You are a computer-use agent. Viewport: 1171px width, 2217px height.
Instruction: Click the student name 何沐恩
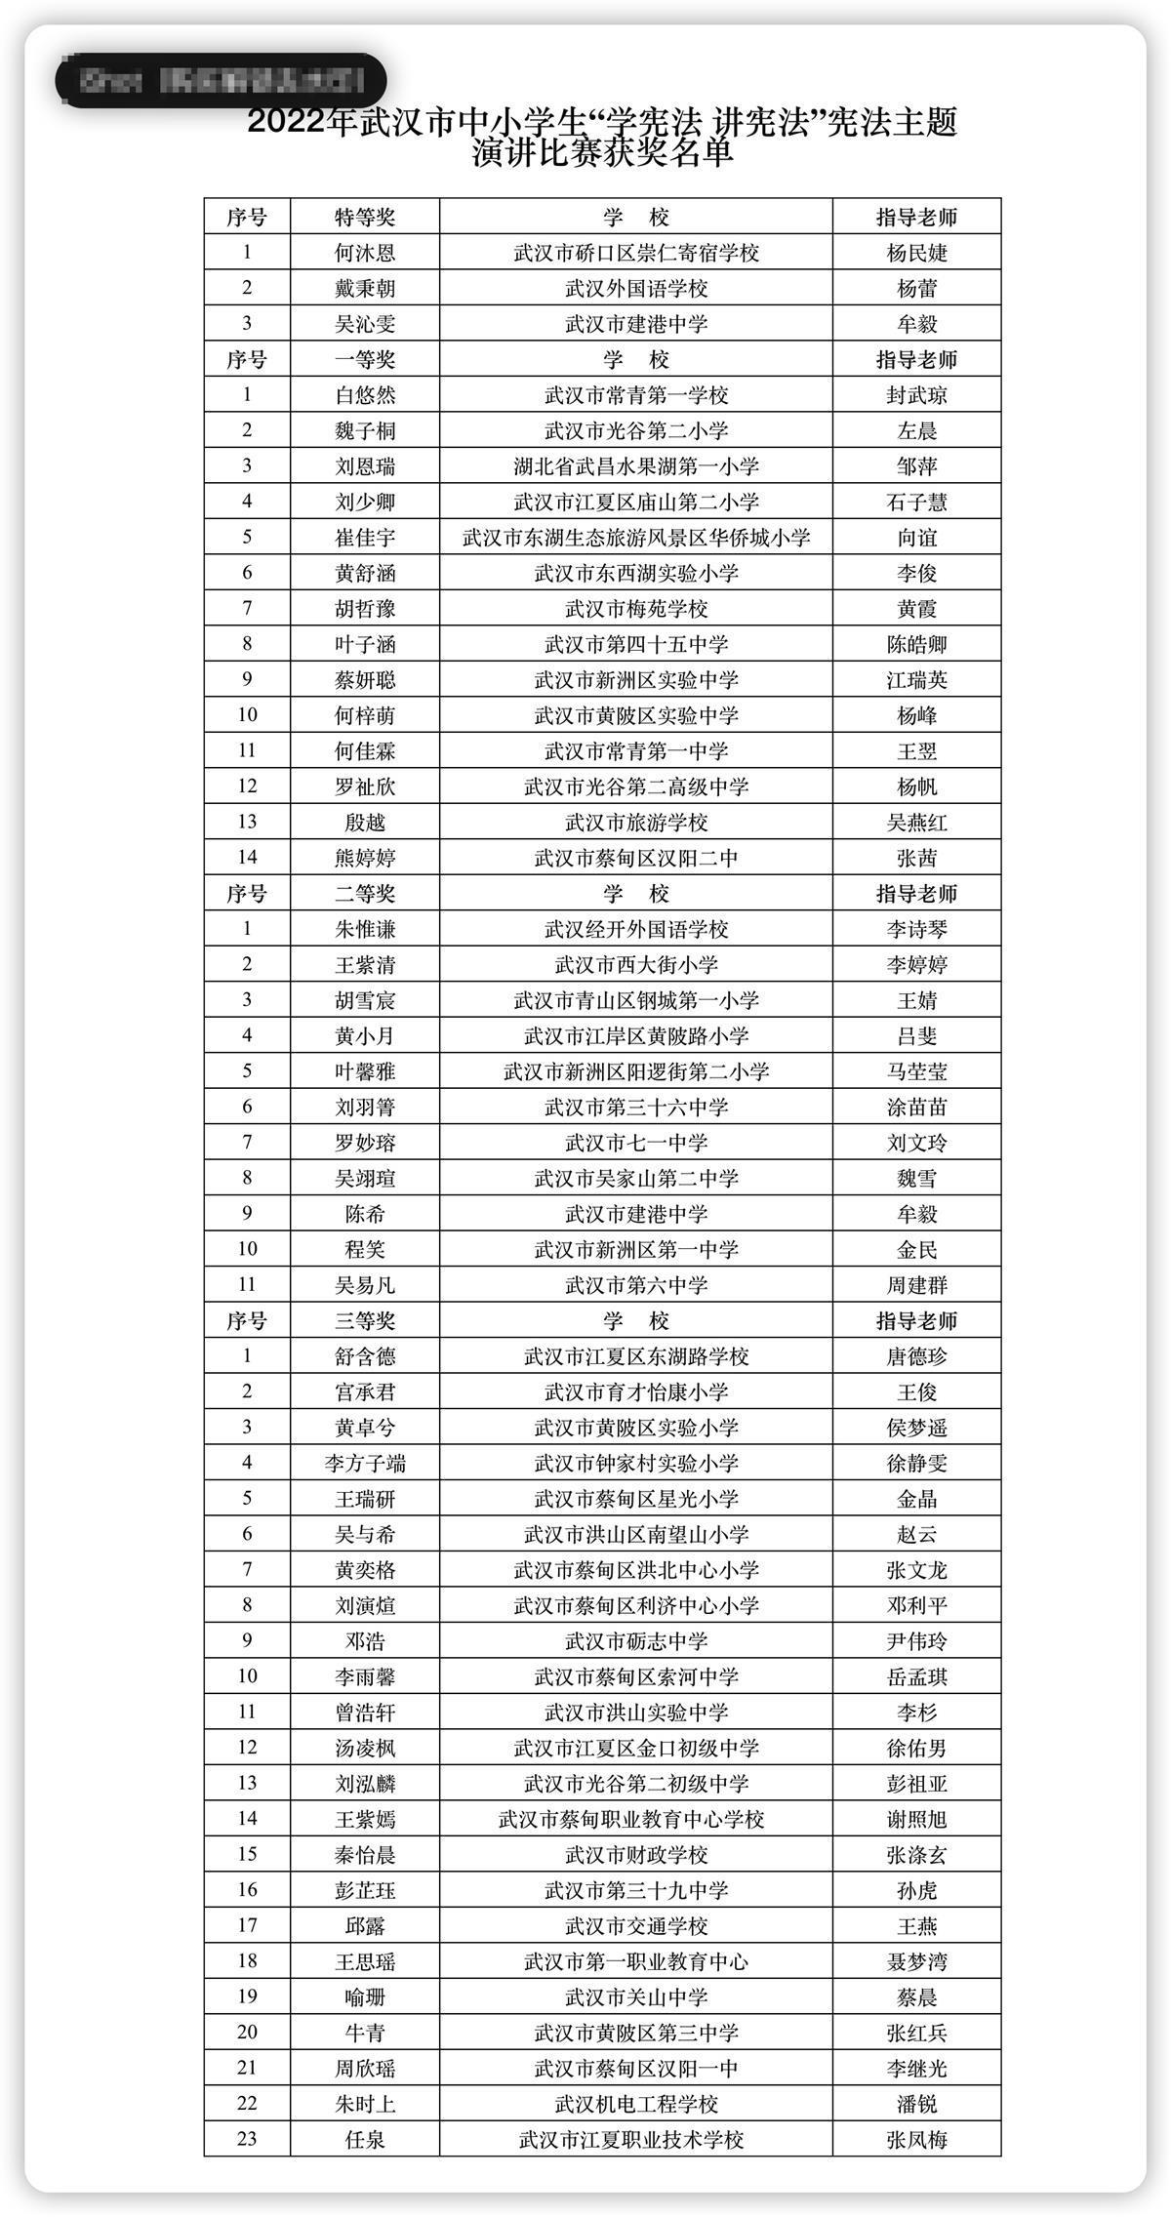pyautogui.click(x=365, y=253)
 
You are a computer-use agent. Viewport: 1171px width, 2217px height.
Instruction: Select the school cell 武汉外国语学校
pyautogui.click(x=636, y=289)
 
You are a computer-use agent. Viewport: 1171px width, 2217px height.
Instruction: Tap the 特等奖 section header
pyautogui.click(x=365, y=218)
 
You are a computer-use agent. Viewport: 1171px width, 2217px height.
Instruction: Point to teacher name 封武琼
pyautogui.click(x=916, y=395)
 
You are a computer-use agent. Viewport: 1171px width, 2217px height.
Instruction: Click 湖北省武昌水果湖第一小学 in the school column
pyautogui.click(x=636, y=466)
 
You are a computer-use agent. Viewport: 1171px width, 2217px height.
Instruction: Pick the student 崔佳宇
pyautogui.click(x=365, y=538)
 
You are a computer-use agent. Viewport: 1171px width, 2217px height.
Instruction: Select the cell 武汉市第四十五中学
pyautogui.click(x=636, y=644)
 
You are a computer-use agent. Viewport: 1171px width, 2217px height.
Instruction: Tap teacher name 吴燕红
pyautogui.click(x=916, y=823)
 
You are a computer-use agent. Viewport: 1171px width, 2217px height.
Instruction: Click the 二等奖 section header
pyautogui.click(x=365, y=894)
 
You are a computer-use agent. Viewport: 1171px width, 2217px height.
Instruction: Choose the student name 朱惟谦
pyautogui.click(x=365, y=929)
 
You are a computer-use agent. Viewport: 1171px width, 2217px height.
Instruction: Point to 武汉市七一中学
pyautogui.click(x=636, y=1143)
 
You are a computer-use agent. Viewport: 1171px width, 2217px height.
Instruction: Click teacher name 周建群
pyautogui.click(x=916, y=1285)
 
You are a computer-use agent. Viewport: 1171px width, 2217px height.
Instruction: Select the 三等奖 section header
pyautogui.click(x=365, y=1321)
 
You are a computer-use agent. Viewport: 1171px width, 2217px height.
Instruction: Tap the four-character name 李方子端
pyautogui.click(x=365, y=1464)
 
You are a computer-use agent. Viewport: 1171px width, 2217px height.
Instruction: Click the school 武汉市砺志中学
pyautogui.click(x=636, y=1641)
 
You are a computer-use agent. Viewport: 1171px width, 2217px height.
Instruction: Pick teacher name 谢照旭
pyautogui.click(x=916, y=1820)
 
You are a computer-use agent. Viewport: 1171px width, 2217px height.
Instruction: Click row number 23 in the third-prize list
pyautogui.click(x=247, y=2140)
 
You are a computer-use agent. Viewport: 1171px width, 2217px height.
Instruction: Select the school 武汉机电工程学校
pyautogui.click(x=636, y=2105)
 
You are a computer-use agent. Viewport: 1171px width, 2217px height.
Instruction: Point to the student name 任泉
pyautogui.click(x=365, y=2140)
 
